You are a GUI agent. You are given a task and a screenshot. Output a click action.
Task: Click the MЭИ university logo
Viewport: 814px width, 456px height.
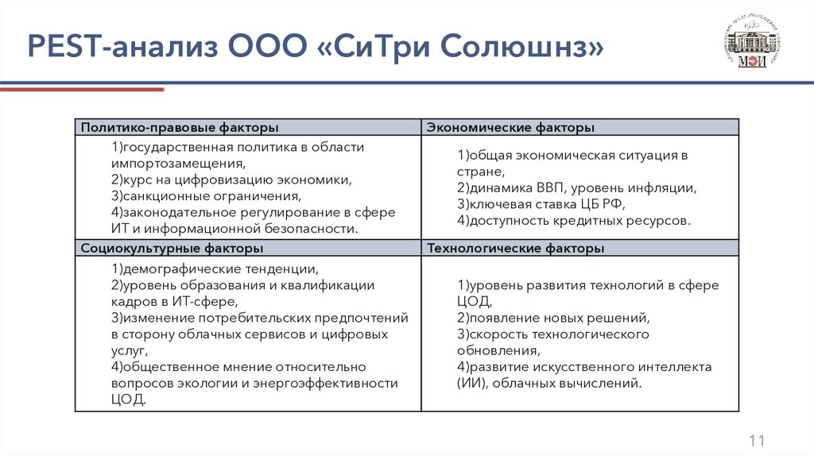coord(752,43)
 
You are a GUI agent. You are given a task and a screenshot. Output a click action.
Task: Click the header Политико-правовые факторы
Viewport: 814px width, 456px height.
coord(180,127)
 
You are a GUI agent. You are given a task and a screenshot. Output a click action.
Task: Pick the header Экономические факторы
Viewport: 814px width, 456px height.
coord(511,127)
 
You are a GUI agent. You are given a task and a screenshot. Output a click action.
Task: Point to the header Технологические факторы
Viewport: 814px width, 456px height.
coord(516,249)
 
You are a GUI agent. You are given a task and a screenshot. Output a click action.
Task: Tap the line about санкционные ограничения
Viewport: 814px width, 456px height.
coord(206,195)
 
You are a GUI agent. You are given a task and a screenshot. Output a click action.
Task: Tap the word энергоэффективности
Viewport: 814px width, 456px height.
coord(326,383)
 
